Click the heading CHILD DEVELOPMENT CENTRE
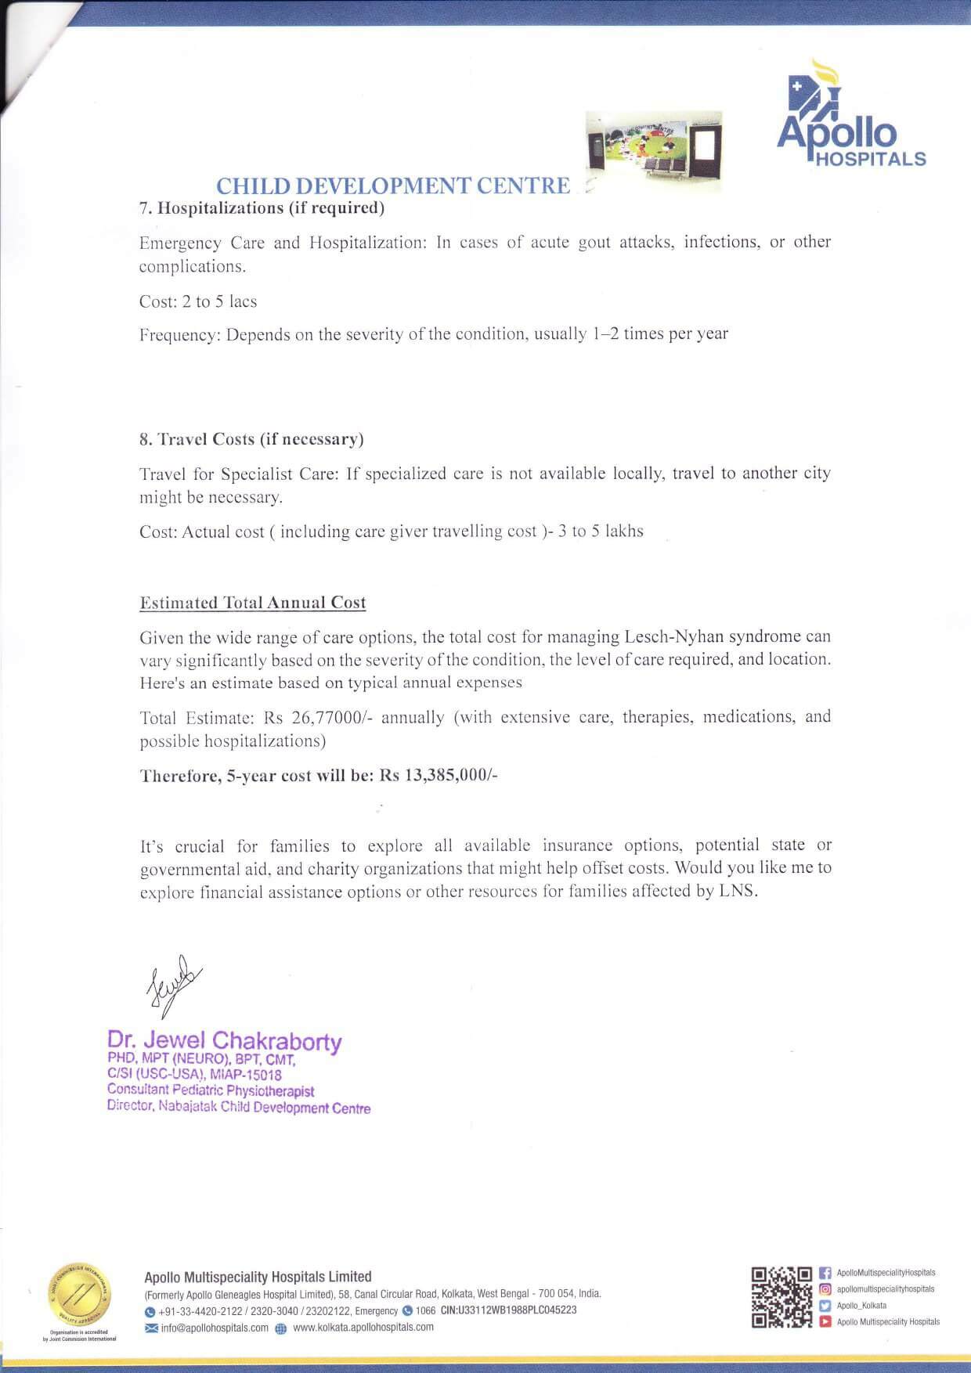(392, 186)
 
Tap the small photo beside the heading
(654, 151)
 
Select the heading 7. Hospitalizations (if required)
(262, 208)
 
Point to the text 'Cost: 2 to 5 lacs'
(198, 301)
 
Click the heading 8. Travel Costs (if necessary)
(251, 439)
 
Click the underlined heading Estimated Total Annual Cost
(252, 603)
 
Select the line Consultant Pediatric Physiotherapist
(211, 1090)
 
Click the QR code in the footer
(781, 1297)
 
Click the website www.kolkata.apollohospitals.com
(363, 1328)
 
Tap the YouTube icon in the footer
(825, 1322)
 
